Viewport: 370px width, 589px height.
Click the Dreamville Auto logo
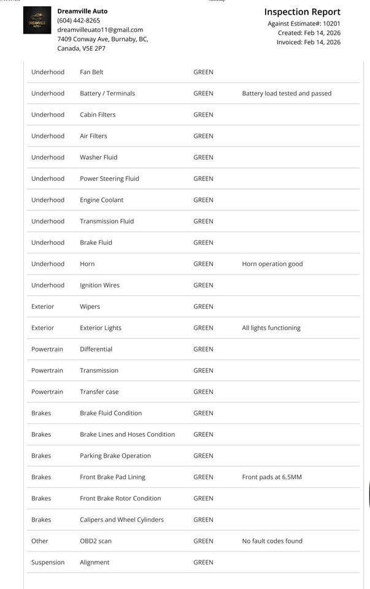click(37, 20)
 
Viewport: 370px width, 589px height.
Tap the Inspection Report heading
click(302, 12)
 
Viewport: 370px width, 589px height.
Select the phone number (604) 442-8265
click(79, 20)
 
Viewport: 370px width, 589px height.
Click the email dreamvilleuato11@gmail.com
click(100, 29)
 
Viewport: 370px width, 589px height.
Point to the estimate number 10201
click(331, 23)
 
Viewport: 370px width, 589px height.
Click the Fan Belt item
click(91, 72)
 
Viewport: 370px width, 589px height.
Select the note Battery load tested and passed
click(287, 93)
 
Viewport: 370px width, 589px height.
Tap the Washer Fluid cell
click(98, 157)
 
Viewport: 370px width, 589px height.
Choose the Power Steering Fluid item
click(109, 179)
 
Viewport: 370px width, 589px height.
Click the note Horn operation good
click(272, 264)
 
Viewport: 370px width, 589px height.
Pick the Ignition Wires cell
click(99, 285)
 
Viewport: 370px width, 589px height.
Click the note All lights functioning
click(271, 328)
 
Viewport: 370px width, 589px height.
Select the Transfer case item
click(99, 391)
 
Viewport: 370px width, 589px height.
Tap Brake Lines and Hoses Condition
click(127, 434)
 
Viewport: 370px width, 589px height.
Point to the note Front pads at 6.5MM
click(272, 477)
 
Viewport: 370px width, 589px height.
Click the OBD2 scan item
click(96, 541)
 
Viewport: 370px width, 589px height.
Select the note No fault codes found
click(272, 541)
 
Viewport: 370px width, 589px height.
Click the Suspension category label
click(48, 562)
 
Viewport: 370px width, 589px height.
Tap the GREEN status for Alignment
click(203, 562)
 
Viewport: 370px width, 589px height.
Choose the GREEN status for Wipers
click(203, 306)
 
